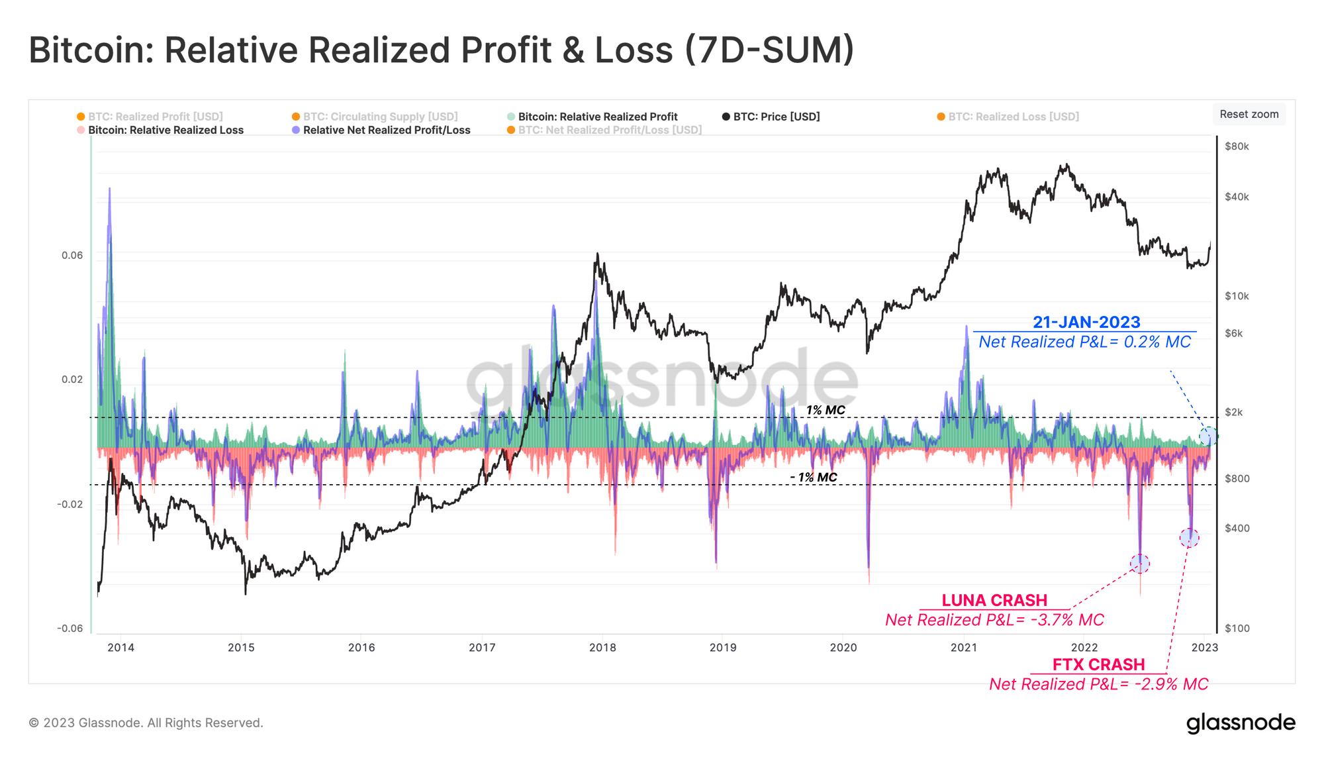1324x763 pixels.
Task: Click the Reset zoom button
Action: (1249, 114)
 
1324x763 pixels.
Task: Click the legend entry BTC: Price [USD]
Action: (776, 117)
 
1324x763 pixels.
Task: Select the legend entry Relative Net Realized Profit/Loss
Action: (386, 130)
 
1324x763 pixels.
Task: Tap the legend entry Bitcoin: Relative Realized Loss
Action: (165, 130)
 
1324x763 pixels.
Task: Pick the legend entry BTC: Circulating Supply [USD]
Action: (380, 117)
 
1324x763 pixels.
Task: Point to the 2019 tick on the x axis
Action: (723, 647)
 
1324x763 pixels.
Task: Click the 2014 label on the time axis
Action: (120, 647)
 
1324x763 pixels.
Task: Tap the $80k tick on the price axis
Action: (1237, 146)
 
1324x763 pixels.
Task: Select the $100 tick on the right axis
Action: (1237, 628)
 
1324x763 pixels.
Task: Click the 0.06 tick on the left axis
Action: (72, 255)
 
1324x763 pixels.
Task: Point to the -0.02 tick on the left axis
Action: (70, 504)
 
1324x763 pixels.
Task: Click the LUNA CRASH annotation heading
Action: (994, 600)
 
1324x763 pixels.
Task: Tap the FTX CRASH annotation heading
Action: (1098, 664)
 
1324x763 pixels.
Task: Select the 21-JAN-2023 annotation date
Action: (1086, 323)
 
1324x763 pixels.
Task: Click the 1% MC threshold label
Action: (825, 410)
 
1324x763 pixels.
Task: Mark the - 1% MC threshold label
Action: (814, 478)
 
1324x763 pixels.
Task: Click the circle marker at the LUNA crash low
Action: (1139, 564)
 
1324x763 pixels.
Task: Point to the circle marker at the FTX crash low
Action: (1189, 538)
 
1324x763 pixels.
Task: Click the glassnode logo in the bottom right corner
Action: (1241, 723)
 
